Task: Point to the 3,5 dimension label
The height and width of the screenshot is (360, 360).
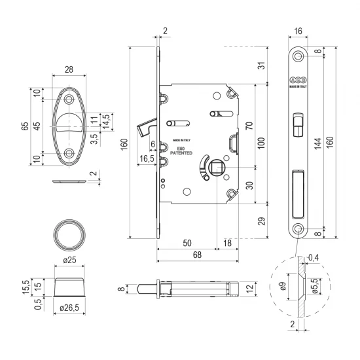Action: coord(95,137)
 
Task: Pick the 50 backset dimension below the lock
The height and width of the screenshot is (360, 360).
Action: coord(187,243)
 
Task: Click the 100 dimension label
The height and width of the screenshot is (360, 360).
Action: coord(260,143)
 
